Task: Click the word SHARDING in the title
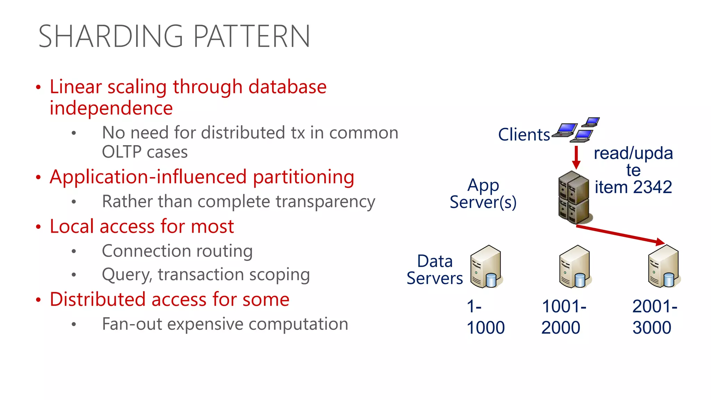pyautogui.click(x=110, y=36)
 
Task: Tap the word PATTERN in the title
pyautogui.click(x=251, y=36)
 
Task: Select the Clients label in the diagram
pyautogui.click(x=524, y=135)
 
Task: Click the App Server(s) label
pyautogui.click(x=483, y=194)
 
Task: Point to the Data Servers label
pyautogui.click(x=435, y=270)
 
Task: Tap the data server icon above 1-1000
pyautogui.click(x=486, y=267)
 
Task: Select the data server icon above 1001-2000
pyautogui.click(x=575, y=267)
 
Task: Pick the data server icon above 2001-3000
pyautogui.click(x=663, y=267)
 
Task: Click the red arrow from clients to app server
pyautogui.click(x=576, y=157)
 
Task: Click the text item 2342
pyautogui.click(x=633, y=187)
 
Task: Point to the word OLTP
pyautogui.click(x=122, y=152)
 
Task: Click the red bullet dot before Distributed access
pyautogui.click(x=38, y=300)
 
